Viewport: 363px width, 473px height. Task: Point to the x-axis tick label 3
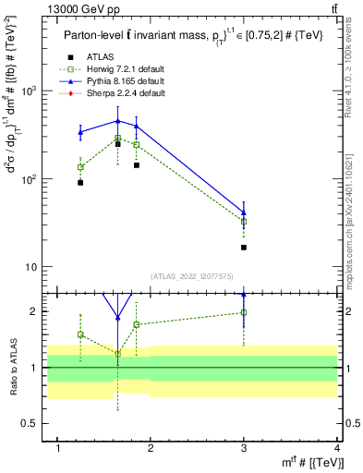[x=244, y=448]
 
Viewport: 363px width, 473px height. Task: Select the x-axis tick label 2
[x=151, y=448]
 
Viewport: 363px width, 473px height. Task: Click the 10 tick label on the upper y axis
[x=41, y=267]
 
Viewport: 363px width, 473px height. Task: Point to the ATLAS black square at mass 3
[x=244, y=248]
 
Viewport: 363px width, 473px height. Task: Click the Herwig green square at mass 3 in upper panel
[x=244, y=222]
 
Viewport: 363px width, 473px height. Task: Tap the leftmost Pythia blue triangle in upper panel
[x=81, y=132]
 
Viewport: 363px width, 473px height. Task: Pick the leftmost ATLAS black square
[x=81, y=183]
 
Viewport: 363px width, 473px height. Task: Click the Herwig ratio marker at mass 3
[x=244, y=312]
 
